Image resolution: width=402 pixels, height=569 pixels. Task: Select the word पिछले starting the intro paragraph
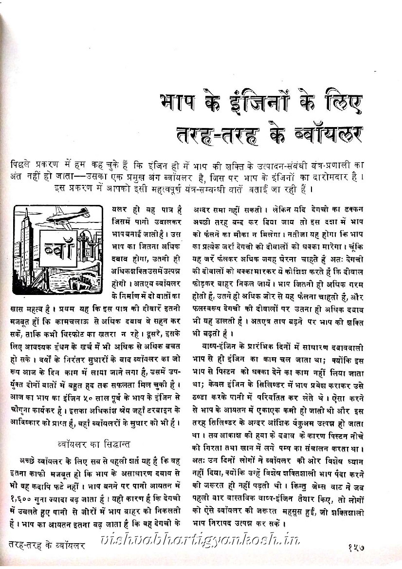pos(22,165)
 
